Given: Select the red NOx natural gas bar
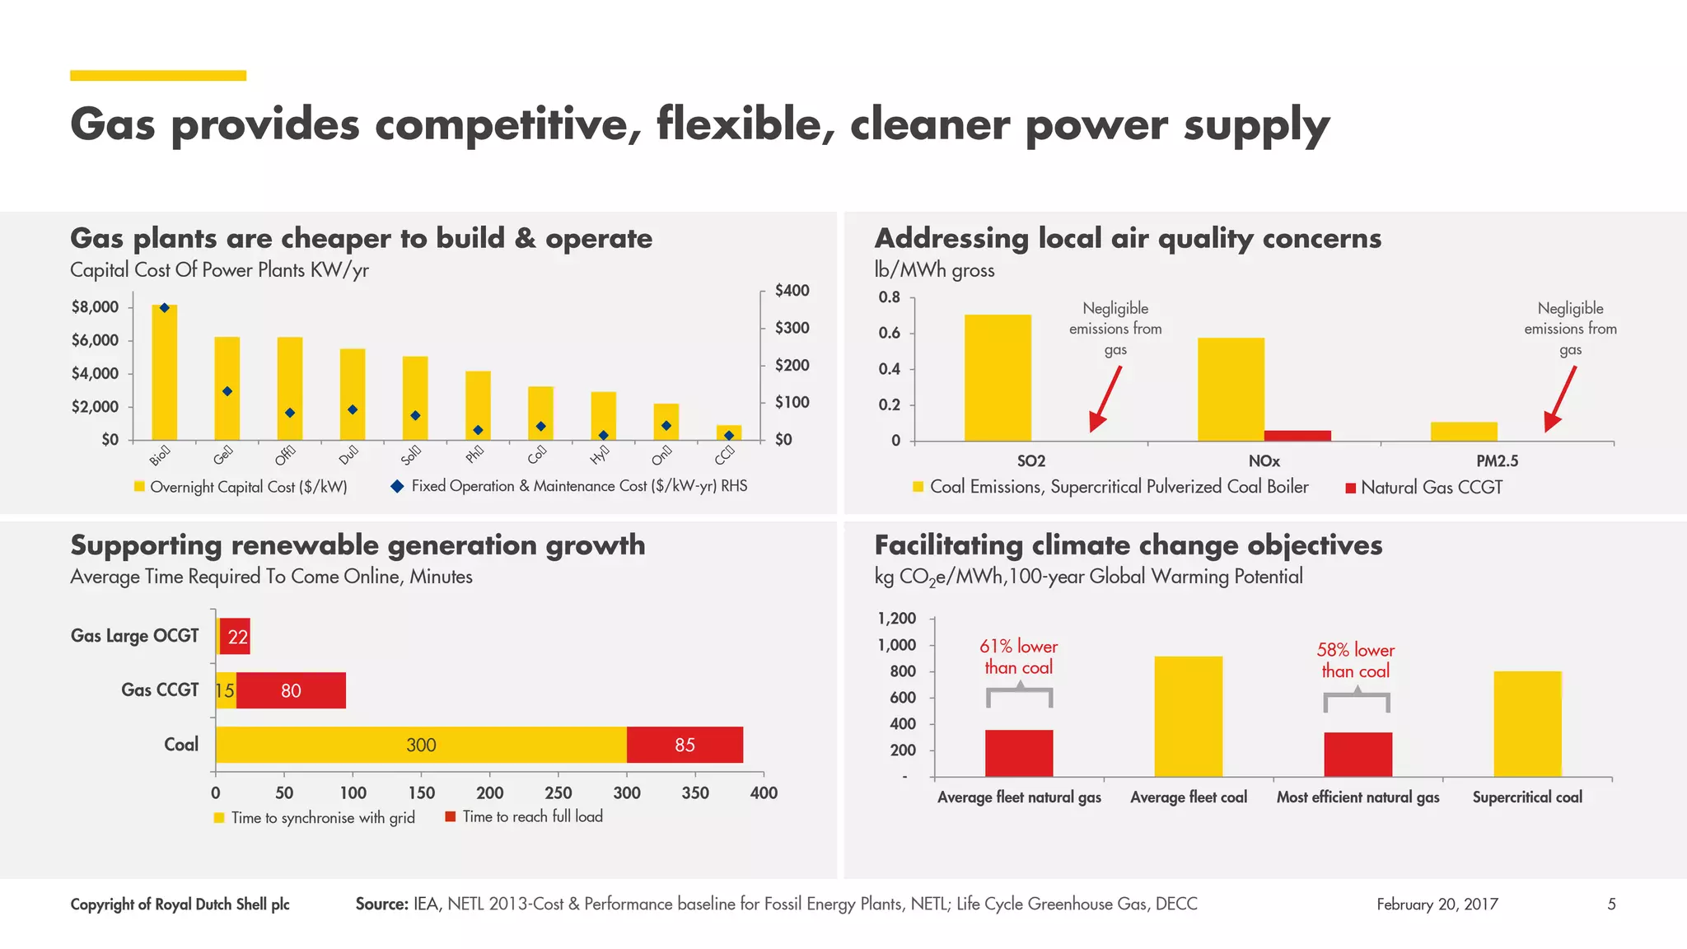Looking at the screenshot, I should pos(1297,435).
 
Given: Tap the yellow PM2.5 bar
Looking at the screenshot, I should pos(1464,431).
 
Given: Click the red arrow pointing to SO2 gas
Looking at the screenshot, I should pos(1105,398).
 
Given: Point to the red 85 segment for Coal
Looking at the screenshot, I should pos(685,745).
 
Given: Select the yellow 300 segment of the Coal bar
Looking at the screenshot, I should pos(421,745).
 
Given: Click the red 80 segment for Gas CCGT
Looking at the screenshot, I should pos(291,690).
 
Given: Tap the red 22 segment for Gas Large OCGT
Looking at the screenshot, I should pos(236,636).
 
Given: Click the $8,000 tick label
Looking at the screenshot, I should pos(95,307).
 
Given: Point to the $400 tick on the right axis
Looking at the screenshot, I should pos(792,291).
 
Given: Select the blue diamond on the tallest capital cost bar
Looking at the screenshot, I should pos(164,308).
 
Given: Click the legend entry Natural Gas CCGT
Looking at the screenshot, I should pos(1431,488).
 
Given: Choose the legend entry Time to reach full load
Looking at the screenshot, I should pos(532,816).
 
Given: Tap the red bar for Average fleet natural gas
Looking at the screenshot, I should pos(1019,753).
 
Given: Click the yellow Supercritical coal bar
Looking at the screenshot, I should pos(1527,723).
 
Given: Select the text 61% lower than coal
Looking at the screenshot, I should pos(1019,657).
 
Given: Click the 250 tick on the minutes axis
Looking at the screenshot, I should pos(558,792).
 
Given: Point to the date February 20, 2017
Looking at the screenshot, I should pos(1437,905).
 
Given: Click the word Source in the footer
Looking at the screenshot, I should pos(381,905).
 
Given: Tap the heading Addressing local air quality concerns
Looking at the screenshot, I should pos(1128,238).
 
